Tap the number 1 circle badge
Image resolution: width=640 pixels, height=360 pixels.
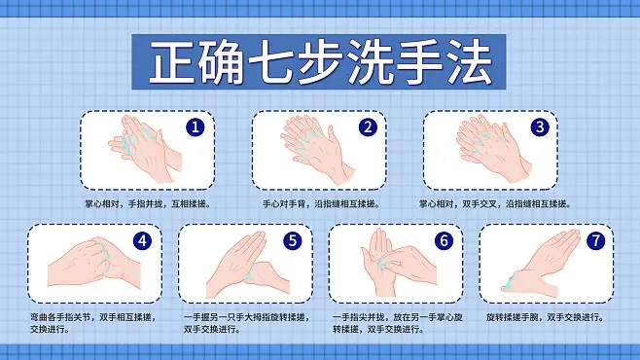click(196, 127)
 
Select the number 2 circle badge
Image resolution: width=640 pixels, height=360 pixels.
click(367, 127)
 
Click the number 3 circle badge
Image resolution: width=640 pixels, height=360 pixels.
click(540, 127)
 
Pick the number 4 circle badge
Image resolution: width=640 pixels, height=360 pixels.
click(142, 241)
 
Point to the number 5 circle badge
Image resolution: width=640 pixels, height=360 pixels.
click(293, 241)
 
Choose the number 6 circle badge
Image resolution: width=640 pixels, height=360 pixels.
click(444, 241)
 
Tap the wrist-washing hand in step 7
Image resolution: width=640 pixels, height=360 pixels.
click(540, 268)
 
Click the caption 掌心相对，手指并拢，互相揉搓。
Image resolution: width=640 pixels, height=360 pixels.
click(148, 204)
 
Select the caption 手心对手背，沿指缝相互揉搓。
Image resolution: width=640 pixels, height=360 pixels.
click(321, 204)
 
